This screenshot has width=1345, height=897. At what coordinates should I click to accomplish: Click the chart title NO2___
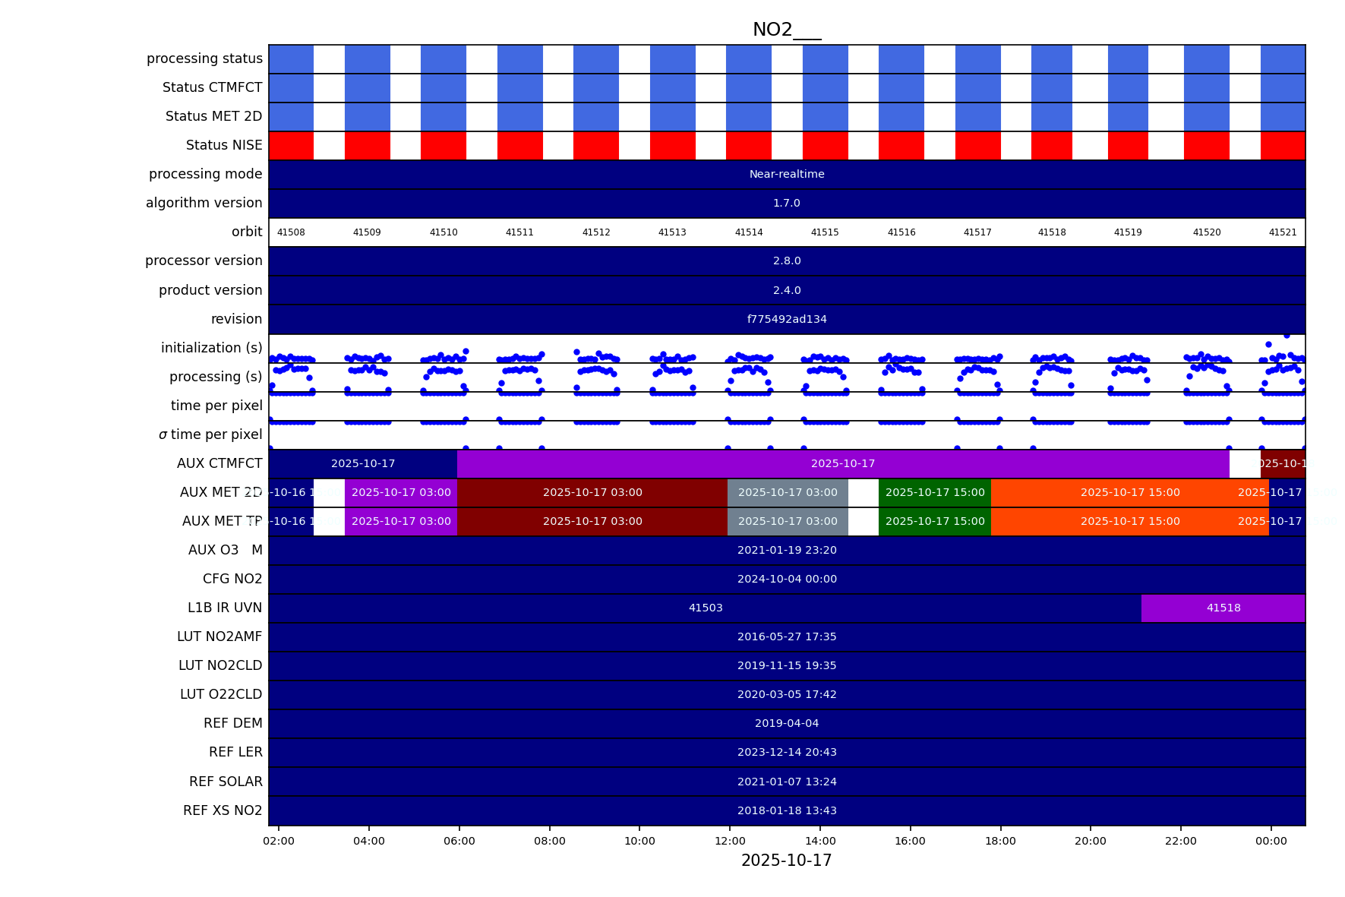(786, 30)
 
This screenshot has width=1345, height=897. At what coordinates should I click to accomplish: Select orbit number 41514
(748, 232)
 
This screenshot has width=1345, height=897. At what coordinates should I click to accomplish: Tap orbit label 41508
(291, 232)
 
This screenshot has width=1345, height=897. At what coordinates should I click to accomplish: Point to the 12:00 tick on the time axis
(730, 841)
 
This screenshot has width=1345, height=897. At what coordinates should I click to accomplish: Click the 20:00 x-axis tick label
(1090, 841)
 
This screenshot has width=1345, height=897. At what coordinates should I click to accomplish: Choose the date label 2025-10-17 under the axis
(786, 861)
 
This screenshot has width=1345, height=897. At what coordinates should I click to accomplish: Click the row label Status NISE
(224, 145)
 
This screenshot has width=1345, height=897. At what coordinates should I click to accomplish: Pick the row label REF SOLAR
(226, 782)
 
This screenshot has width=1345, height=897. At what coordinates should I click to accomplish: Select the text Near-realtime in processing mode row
(786, 174)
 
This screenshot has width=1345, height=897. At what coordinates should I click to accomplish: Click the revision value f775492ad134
(786, 319)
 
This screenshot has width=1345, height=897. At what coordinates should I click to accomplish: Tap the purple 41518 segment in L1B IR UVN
(1223, 608)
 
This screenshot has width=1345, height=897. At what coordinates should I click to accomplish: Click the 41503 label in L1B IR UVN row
(706, 608)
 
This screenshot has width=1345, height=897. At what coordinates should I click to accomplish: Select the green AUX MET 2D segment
(934, 492)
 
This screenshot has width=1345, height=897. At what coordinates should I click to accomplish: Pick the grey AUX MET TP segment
(788, 521)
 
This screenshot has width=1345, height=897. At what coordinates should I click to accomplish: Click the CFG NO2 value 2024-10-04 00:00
(786, 579)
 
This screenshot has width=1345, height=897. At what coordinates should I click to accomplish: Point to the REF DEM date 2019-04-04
(786, 723)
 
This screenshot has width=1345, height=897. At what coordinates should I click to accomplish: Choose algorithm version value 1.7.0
(786, 203)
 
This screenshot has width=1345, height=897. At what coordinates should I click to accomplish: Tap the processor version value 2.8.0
(786, 261)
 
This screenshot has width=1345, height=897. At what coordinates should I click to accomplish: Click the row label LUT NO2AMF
(219, 636)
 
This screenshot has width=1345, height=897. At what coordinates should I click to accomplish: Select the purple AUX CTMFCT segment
(842, 463)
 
